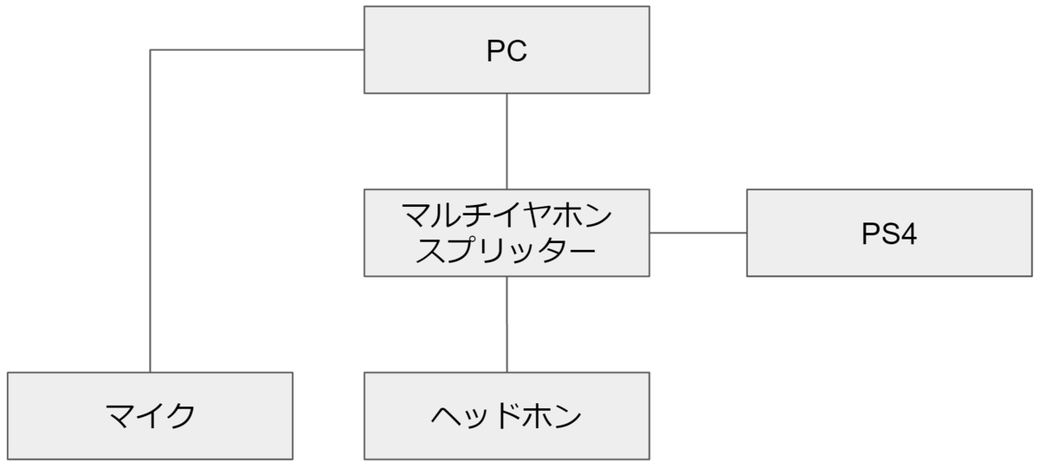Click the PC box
(507, 49)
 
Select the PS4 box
(889, 233)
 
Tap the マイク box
(150, 416)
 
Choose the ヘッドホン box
(507, 416)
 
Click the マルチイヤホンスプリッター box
(507, 233)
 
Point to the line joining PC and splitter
(507, 141)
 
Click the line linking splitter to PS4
(698, 233)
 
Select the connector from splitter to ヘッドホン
(507, 324)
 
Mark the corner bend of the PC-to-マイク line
(151, 50)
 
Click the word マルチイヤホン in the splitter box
(507, 214)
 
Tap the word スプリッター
(507, 251)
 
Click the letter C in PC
(517, 52)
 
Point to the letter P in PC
(495, 52)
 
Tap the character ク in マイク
(179, 417)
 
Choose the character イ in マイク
(149, 417)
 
